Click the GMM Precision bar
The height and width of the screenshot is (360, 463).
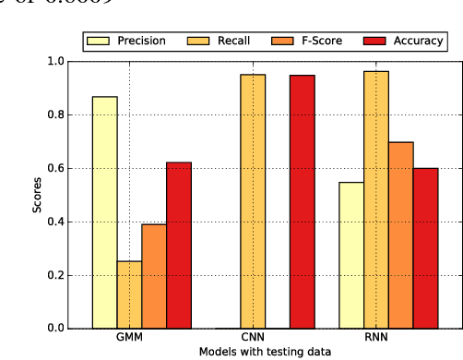[105, 212]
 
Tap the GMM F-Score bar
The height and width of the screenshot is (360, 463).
[154, 276]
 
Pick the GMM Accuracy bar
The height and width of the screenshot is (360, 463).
[179, 246]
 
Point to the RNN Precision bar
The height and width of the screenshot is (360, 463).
[351, 255]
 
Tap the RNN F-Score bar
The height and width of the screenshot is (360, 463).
[401, 235]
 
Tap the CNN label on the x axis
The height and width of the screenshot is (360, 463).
[253, 338]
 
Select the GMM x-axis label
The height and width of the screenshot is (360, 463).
[129, 338]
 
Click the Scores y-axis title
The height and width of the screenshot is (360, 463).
[37, 195]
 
